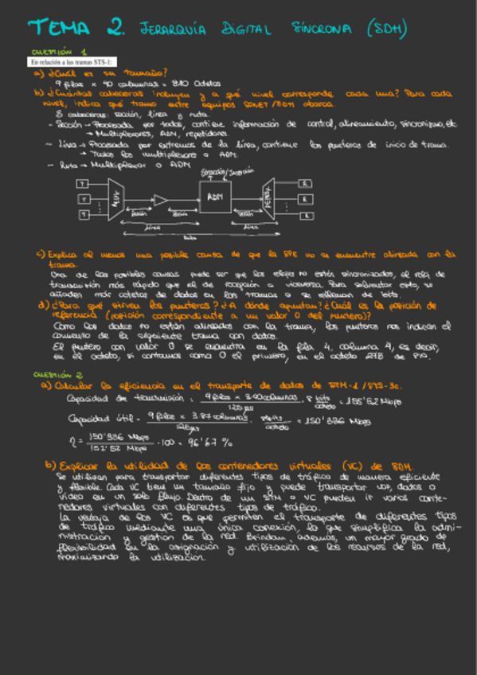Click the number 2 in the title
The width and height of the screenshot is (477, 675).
click(116, 29)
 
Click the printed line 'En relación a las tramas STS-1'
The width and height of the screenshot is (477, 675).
click(72, 61)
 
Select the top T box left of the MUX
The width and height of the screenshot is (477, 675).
click(81, 183)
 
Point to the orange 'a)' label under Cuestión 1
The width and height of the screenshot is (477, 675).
click(38, 72)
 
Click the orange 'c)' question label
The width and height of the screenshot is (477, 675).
click(40, 255)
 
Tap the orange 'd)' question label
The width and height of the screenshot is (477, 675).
click(41, 303)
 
